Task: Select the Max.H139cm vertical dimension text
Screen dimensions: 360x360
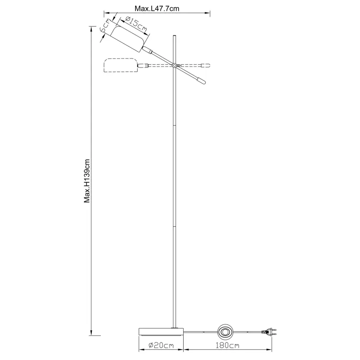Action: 88,180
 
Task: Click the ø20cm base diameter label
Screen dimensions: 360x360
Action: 161,346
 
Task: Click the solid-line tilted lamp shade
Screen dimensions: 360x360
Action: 127,38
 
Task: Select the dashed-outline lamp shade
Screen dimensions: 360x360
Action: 120,66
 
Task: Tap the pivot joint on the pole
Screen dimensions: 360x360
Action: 174,66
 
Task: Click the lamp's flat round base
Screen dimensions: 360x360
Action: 161,332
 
